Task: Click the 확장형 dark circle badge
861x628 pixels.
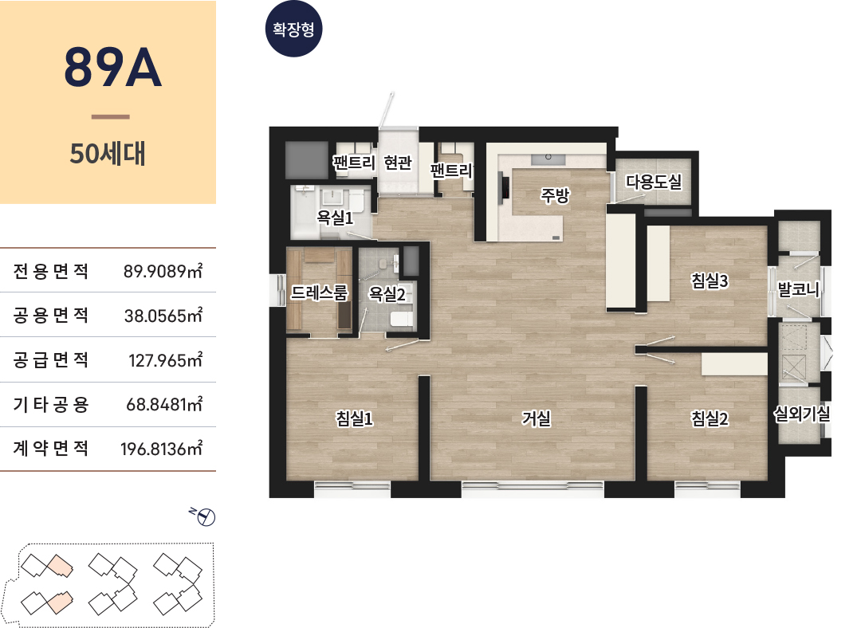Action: pyautogui.click(x=293, y=29)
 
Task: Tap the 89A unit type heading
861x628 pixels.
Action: pyautogui.click(x=112, y=68)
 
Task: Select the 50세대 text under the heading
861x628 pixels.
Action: pyautogui.click(x=108, y=154)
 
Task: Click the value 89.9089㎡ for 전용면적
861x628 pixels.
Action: pyautogui.click(x=163, y=271)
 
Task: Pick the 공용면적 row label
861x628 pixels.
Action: pyautogui.click(x=50, y=315)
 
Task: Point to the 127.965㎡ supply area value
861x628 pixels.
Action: pyautogui.click(x=166, y=360)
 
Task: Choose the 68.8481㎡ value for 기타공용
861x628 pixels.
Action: pyautogui.click(x=165, y=405)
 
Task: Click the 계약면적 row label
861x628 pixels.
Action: pyautogui.click(x=50, y=449)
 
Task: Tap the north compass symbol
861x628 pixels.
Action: pyautogui.click(x=204, y=516)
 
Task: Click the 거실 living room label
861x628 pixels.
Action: pyautogui.click(x=536, y=418)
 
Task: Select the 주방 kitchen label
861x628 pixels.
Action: pyautogui.click(x=555, y=195)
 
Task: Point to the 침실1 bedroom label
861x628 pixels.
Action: pyautogui.click(x=354, y=418)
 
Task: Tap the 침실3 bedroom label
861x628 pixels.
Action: pyautogui.click(x=710, y=281)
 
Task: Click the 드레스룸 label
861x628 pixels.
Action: pyautogui.click(x=319, y=292)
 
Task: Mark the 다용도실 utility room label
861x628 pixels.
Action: pyautogui.click(x=654, y=181)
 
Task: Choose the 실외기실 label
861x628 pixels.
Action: pyautogui.click(x=802, y=414)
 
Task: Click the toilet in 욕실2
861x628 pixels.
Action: pyautogui.click(x=401, y=319)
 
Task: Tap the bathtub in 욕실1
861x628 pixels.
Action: pyautogui.click(x=303, y=213)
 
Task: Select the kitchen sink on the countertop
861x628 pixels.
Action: pyautogui.click(x=548, y=159)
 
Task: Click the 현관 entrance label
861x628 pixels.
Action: pyautogui.click(x=398, y=163)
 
